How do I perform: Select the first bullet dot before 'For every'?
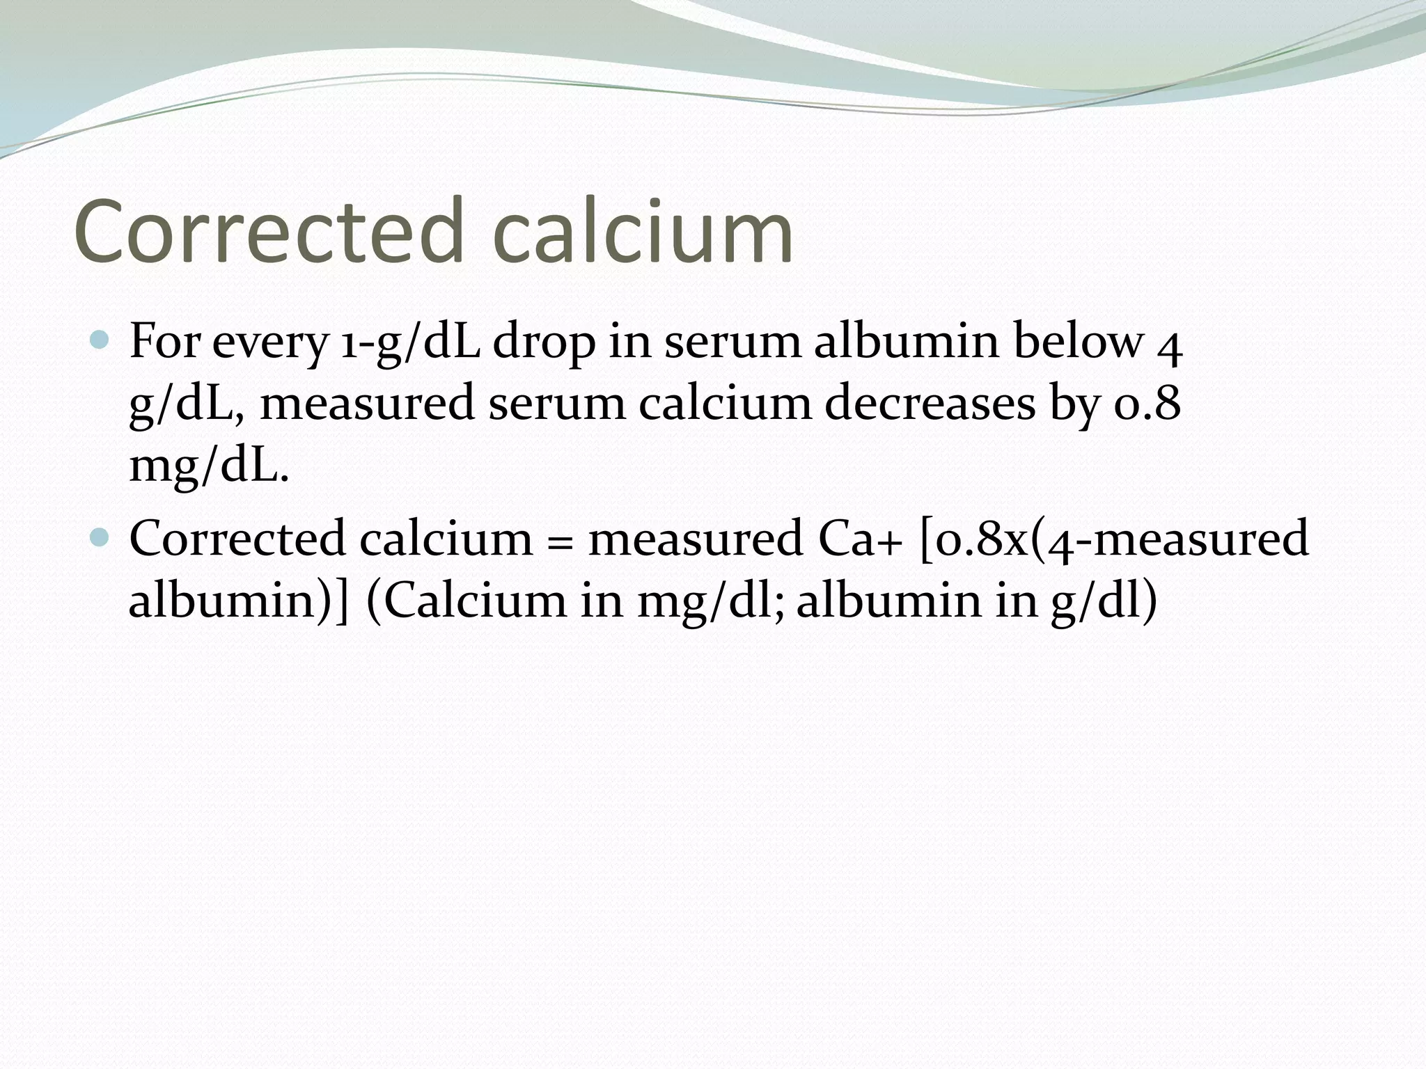pos(101,340)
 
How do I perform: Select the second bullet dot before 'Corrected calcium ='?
pos(101,537)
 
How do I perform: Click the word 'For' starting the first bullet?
pos(164,342)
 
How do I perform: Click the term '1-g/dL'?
pos(410,343)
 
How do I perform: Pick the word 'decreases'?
pos(930,404)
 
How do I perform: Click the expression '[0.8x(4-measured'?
pos(1114,539)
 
